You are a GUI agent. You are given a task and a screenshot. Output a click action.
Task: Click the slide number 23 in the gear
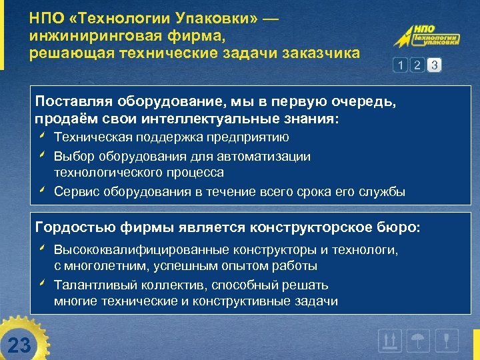click(20, 345)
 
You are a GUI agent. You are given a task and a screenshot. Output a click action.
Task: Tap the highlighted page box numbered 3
click(435, 65)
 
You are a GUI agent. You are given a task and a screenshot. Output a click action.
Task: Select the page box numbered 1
click(400, 65)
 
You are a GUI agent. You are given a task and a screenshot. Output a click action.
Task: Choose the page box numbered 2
click(417, 65)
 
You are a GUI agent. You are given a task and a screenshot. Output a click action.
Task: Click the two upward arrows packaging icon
click(389, 341)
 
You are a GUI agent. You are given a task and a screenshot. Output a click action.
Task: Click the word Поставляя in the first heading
click(66, 101)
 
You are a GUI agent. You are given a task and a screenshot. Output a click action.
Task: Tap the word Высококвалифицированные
click(141, 249)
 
